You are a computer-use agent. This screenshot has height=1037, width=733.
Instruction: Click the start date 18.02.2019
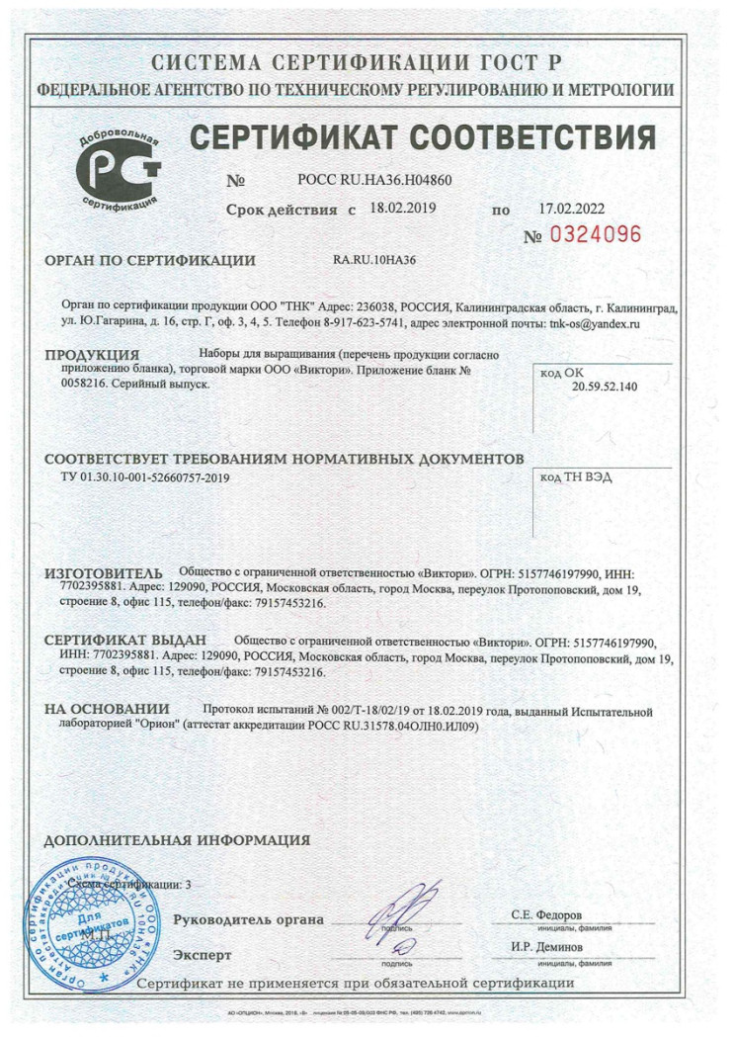402,209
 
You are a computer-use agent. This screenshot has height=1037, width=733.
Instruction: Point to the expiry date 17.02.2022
572,209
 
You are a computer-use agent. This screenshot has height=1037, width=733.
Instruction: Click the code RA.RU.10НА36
374,261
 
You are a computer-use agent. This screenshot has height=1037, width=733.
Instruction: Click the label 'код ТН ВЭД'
576,476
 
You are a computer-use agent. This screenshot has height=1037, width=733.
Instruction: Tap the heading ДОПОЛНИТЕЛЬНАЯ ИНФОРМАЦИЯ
178,840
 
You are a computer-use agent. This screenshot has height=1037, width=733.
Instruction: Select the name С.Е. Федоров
546,914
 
